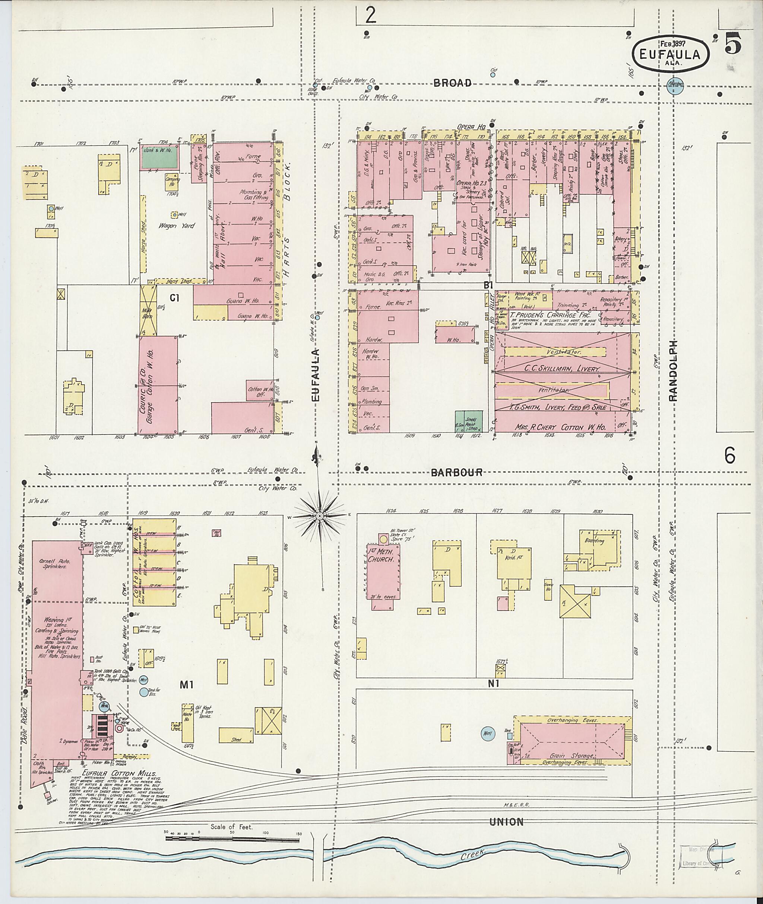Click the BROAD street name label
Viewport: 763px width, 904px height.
452,83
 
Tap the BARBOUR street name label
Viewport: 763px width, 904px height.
456,472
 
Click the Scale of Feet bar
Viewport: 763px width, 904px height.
232,840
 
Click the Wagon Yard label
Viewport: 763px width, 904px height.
177,226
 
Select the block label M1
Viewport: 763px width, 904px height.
186,684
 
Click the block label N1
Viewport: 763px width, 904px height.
493,684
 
